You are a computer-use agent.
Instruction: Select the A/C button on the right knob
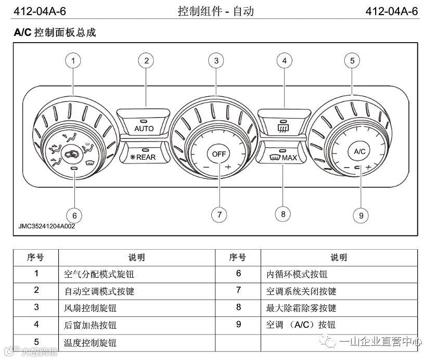click(x=360, y=151)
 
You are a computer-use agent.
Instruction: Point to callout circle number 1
click(x=73, y=61)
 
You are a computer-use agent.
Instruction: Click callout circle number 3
click(x=216, y=61)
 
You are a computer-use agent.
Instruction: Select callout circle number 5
click(x=352, y=61)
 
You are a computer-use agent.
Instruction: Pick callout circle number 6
click(x=74, y=215)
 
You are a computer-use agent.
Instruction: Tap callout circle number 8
click(x=283, y=213)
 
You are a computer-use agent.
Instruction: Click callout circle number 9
click(x=360, y=215)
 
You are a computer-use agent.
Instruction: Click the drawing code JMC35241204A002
click(x=47, y=226)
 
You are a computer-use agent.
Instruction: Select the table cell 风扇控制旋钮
click(x=90, y=308)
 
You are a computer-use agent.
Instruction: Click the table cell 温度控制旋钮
click(x=90, y=342)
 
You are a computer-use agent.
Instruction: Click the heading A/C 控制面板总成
click(x=55, y=33)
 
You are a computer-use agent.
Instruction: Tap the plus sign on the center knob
click(x=228, y=167)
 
